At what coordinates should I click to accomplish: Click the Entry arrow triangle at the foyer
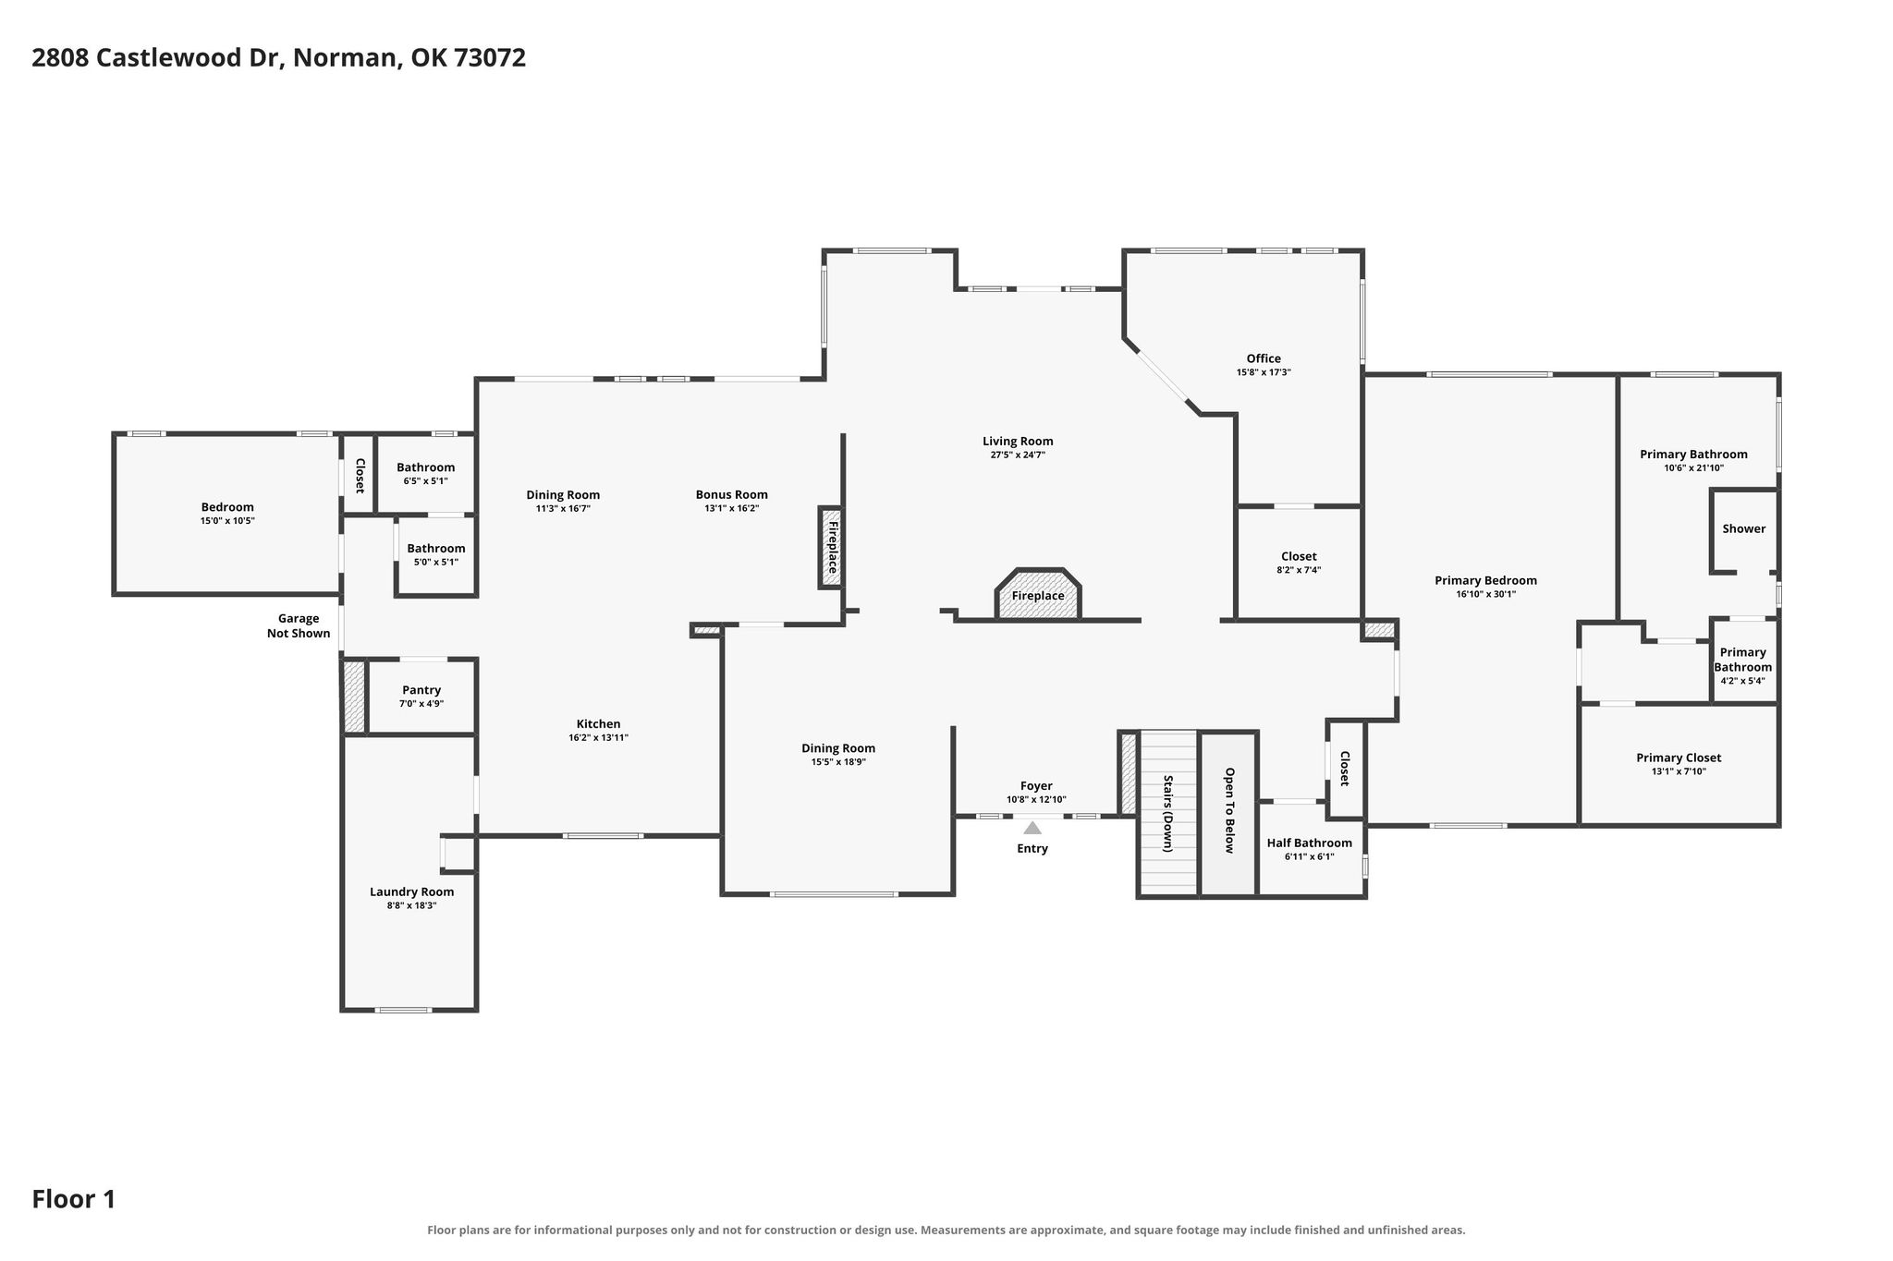tap(1032, 828)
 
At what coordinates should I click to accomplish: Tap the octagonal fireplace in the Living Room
tap(1038, 594)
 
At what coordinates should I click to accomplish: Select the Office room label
tap(1264, 358)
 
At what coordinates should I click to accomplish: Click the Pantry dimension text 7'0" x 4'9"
tap(421, 703)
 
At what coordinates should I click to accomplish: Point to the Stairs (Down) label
tap(1168, 813)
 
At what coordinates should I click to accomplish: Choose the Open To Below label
tap(1229, 810)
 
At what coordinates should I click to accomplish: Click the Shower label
tap(1744, 528)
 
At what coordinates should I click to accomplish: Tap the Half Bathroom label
tap(1309, 843)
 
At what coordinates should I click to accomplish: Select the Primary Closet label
tap(1679, 758)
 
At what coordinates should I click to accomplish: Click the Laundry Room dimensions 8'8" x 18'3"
tap(412, 905)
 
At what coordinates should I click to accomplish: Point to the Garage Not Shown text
tap(299, 625)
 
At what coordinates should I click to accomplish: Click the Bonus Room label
tap(732, 494)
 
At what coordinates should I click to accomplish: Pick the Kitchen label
tap(599, 723)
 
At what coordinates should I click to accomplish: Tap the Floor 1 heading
tap(74, 1199)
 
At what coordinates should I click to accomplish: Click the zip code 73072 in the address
tap(491, 57)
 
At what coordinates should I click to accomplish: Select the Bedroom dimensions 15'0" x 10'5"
tap(227, 521)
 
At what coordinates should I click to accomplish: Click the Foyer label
tap(1036, 786)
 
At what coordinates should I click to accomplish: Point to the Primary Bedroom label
tap(1485, 580)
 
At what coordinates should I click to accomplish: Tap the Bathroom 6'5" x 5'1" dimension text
tap(426, 480)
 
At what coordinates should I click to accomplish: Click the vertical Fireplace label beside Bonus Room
tap(832, 547)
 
